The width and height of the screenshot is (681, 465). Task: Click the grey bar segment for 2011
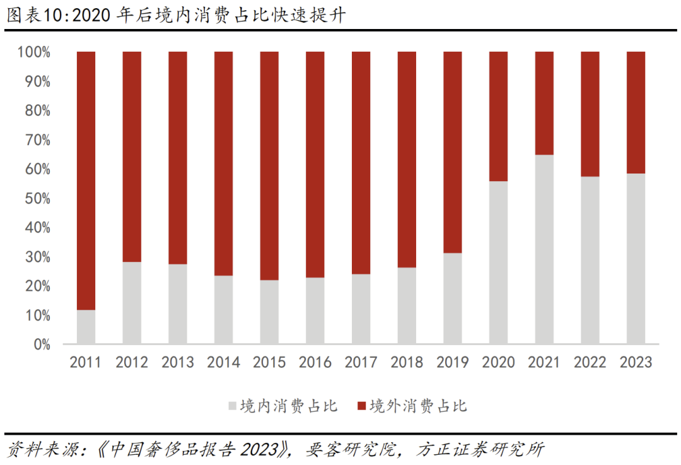[86, 327]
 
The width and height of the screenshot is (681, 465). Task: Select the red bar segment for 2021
[544, 103]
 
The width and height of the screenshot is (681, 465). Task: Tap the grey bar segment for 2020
[498, 262]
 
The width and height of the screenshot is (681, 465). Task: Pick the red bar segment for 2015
[269, 165]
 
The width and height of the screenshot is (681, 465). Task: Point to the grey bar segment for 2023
[636, 259]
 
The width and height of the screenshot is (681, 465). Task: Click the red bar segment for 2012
[132, 156]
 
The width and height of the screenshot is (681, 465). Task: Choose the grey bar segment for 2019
[453, 298]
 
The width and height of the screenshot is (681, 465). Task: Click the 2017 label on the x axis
[361, 362]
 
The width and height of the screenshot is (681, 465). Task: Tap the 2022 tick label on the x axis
[590, 362]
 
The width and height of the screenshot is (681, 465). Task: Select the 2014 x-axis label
[223, 362]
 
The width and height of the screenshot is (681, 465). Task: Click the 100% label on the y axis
[33, 52]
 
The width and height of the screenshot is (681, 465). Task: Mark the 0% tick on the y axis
[40, 344]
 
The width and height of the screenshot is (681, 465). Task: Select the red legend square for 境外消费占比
[361, 406]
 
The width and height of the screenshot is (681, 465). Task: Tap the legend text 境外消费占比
[418, 406]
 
